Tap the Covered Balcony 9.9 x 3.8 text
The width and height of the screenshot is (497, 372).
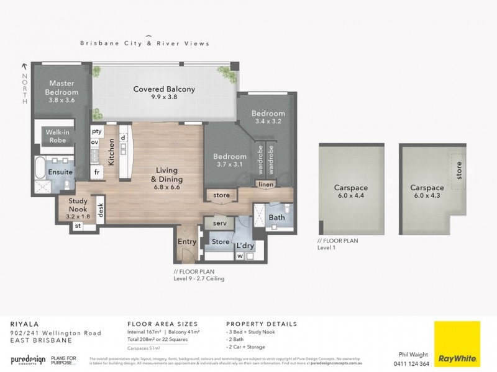pyautogui.click(x=164, y=94)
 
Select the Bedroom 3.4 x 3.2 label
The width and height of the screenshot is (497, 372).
pyautogui.click(x=268, y=117)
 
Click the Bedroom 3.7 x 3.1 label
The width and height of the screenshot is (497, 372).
pyautogui.click(x=229, y=160)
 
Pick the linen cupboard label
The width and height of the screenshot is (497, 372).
pyautogui.click(x=266, y=185)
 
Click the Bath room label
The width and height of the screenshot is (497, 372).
pyautogui.click(x=276, y=218)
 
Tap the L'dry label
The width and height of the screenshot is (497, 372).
pyautogui.click(x=244, y=246)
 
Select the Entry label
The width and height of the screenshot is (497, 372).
pyautogui.click(x=186, y=242)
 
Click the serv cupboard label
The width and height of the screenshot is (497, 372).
pyautogui.click(x=219, y=223)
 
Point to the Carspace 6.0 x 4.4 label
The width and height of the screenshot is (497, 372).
pyautogui.click(x=351, y=191)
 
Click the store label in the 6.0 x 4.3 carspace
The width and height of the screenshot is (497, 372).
pyautogui.click(x=459, y=172)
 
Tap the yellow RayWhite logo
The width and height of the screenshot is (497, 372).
pyautogui.click(x=457, y=344)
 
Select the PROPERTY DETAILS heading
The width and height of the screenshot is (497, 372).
pyautogui.click(x=261, y=324)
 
